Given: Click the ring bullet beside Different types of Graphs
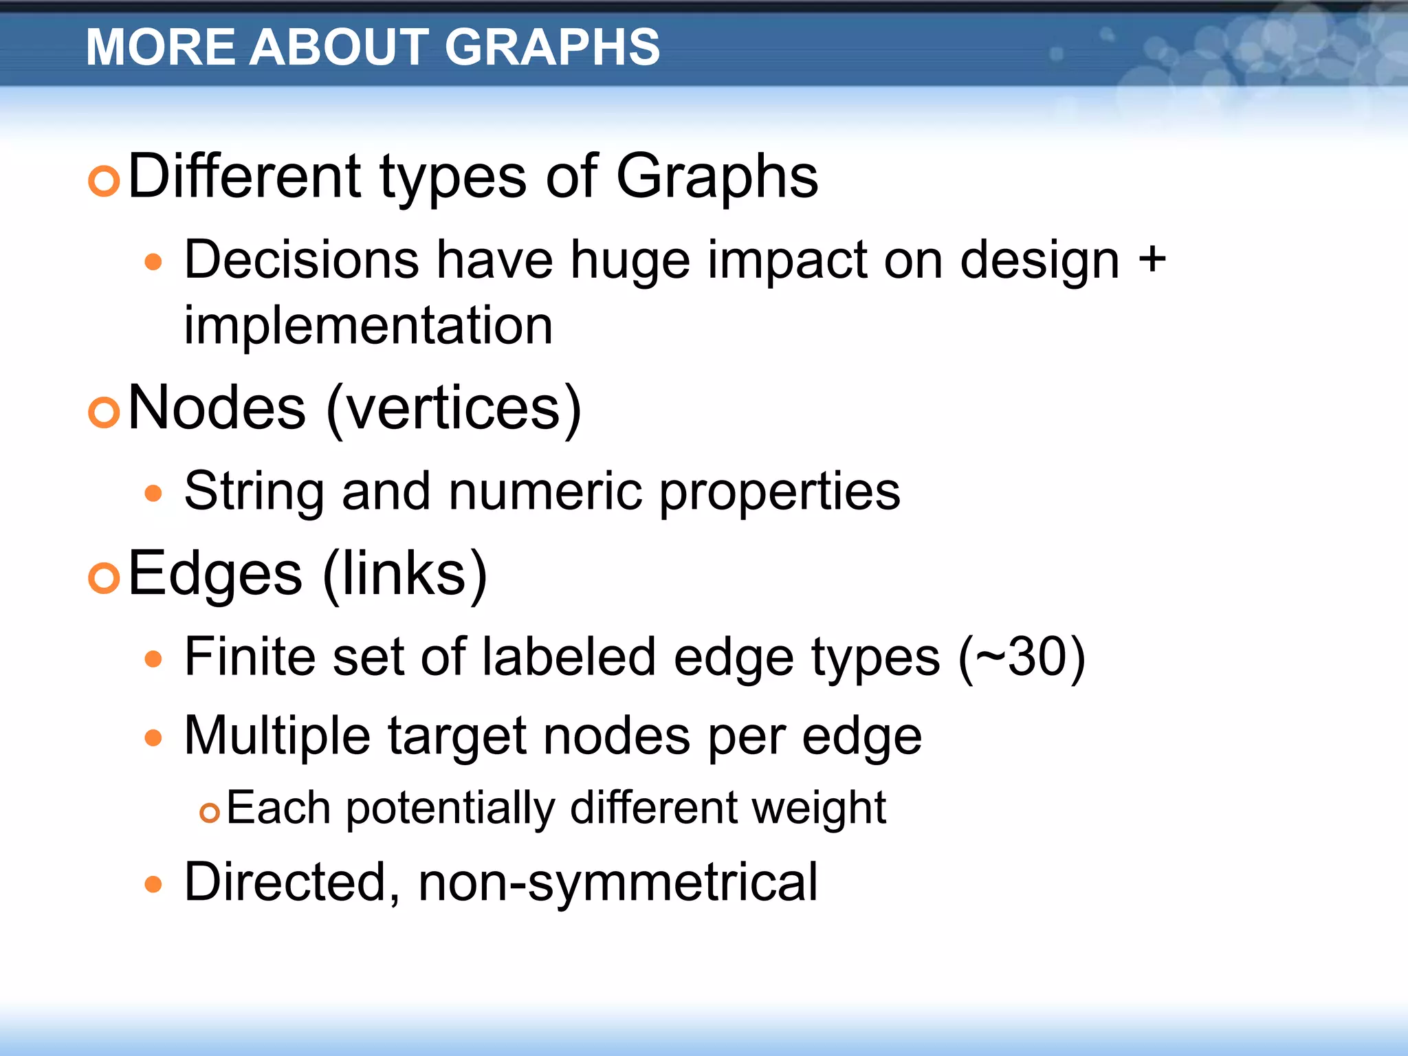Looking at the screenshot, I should click(x=104, y=181).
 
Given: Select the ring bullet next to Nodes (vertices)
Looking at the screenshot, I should click(x=104, y=412).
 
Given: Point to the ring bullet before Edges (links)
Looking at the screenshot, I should click(x=104, y=577).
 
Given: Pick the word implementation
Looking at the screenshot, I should click(x=368, y=325).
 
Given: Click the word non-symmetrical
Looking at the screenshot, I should click(x=618, y=882).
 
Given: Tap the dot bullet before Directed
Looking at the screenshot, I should click(x=153, y=884).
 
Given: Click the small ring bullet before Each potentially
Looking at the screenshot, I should click(x=209, y=813).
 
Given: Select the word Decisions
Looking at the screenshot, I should click(x=302, y=261).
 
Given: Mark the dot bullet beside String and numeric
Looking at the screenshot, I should click(x=153, y=493).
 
